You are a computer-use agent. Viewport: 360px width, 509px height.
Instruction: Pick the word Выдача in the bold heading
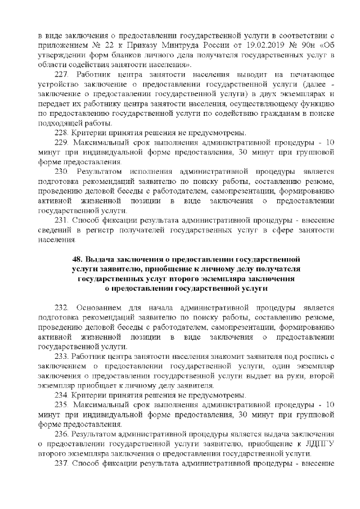click(x=101, y=259)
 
